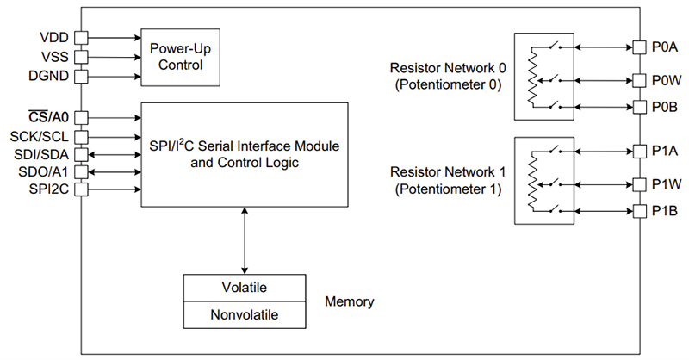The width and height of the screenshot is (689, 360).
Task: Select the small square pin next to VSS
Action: pyautogui.click(x=81, y=57)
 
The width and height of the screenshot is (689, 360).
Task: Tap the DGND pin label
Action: pyautogui.click(x=51, y=77)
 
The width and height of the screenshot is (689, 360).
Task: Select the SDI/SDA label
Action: pyautogui.click(x=47, y=154)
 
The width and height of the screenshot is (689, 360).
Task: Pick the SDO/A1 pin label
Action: pyautogui.click(x=47, y=172)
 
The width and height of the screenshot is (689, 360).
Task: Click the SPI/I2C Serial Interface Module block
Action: pyautogui.click(x=245, y=154)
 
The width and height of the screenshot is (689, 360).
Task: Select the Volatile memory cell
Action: pyautogui.click(x=245, y=288)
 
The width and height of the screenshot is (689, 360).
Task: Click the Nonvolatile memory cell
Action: pyautogui.click(x=245, y=315)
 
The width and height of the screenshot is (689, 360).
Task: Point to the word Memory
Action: pyautogui.click(x=349, y=301)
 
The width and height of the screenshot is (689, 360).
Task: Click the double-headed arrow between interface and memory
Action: pyautogui.click(x=245, y=240)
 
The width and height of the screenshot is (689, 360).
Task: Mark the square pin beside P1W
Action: pyautogui.click(x=639, y=183)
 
